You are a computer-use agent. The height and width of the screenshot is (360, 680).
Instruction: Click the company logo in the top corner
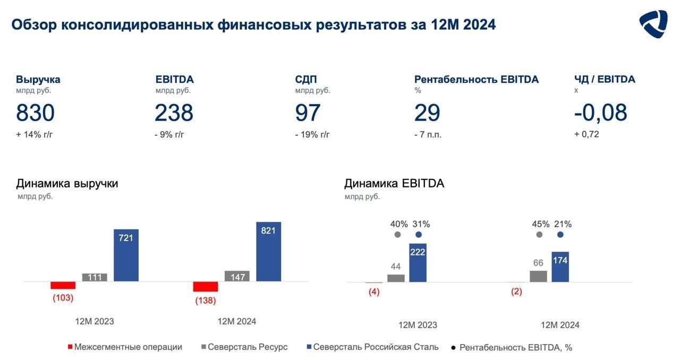click(653, 24)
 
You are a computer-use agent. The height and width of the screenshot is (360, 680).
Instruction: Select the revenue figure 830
click(35, 113)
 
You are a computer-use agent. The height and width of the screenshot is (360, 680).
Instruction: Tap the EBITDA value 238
click(174, 113)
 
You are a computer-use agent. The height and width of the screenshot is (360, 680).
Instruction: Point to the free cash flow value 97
click(308, 113)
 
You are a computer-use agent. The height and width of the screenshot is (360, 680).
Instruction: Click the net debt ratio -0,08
click(601, 113)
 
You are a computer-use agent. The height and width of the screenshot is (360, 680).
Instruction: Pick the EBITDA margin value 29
click(427, 113)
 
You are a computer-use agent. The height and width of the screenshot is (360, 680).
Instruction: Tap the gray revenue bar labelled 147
click(237, 276)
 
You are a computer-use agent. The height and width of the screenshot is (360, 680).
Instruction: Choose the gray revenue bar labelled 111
click(95, 277)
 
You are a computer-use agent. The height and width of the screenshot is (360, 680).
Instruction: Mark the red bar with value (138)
click(206, 287)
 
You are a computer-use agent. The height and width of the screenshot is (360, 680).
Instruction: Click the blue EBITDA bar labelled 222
click(418, 262)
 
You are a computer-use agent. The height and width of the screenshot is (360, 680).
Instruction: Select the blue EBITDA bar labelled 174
click(560, 267)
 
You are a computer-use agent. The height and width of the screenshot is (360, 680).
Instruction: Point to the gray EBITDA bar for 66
click(538, 276)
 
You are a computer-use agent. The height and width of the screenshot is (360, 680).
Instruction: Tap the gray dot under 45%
click(539, 235)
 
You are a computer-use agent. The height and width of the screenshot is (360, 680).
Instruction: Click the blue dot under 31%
click(418, 235)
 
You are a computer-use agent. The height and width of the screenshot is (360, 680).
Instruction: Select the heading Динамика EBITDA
click(394, 184)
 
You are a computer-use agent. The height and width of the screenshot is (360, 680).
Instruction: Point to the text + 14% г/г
click(35, 134)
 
